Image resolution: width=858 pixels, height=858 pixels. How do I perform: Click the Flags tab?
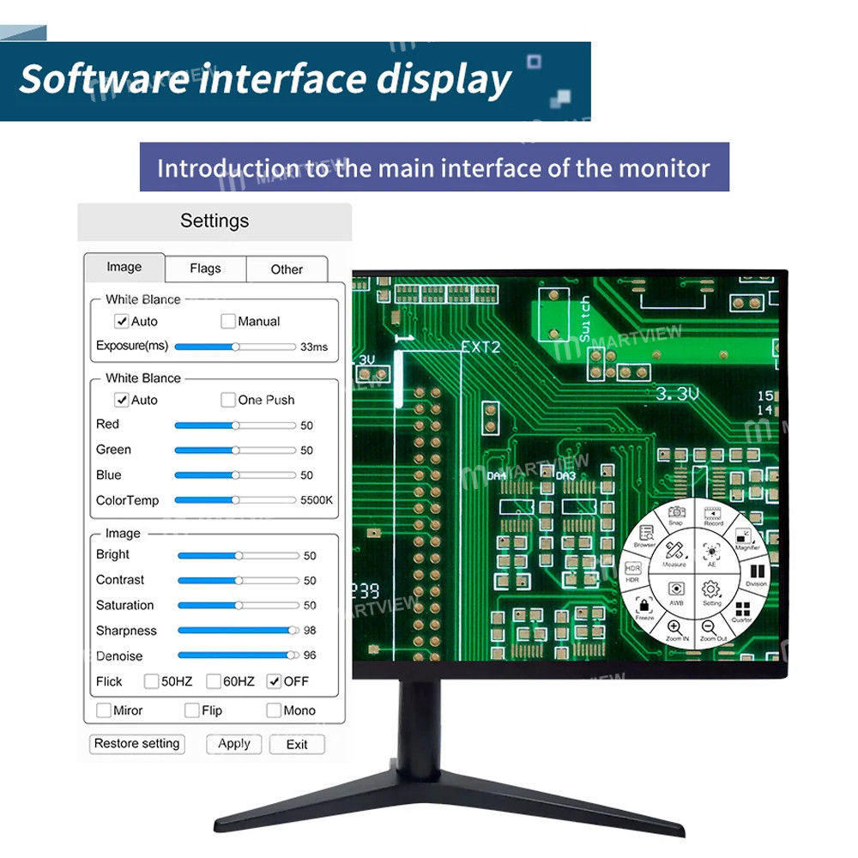205,269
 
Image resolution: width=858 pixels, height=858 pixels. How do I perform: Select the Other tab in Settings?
287,269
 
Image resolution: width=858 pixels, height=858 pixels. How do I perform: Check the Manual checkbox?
228,321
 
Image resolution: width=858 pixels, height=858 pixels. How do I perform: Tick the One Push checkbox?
228,400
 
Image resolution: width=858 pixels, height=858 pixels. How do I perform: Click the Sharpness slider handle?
294,630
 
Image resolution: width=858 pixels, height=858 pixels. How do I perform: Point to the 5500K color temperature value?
317,500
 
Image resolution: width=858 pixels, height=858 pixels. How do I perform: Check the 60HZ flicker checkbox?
214,681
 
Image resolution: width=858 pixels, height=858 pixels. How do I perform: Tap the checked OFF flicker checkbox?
275,681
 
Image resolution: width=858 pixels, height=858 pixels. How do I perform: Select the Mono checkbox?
274,710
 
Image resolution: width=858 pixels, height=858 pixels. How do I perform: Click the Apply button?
233,744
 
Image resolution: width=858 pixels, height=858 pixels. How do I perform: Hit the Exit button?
297,744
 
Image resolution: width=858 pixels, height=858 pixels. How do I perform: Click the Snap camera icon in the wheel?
676,512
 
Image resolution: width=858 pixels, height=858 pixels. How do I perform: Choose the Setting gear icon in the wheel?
710,589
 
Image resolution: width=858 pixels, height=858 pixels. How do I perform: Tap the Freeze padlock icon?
644,606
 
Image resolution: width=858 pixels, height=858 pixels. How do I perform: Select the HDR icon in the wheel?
632,569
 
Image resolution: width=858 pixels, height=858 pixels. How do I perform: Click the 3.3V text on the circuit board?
678,394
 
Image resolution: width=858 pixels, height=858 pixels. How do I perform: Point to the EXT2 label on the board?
480,347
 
